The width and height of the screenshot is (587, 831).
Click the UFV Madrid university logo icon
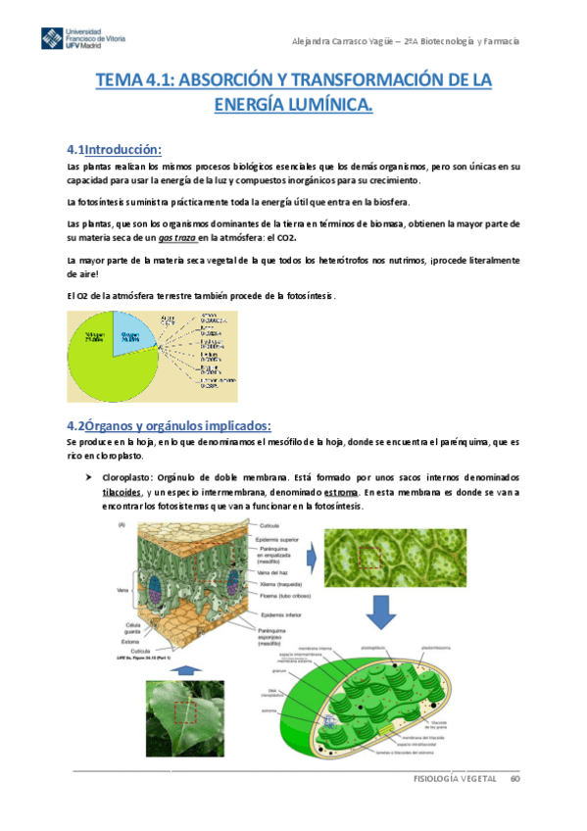(51, 38)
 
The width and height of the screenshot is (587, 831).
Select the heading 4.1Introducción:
(113, 150)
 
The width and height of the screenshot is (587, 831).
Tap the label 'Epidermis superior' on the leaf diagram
(281, 539)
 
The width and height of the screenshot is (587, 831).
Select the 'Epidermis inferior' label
(280, 613)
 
